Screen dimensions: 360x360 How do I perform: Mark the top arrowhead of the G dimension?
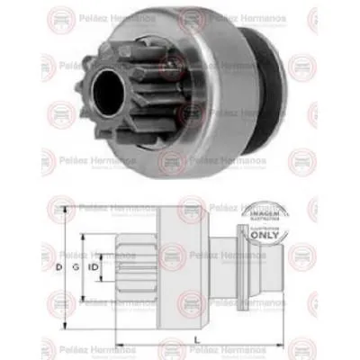pos(85,237)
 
